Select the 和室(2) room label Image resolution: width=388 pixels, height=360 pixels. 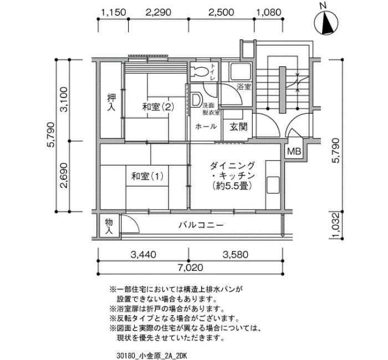(158, 107)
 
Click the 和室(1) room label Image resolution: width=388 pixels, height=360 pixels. (147, 176)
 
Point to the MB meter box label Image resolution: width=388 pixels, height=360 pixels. (294, 151)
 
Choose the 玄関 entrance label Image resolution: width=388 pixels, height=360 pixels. (238, 127)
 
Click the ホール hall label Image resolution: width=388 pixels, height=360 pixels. (206, 127)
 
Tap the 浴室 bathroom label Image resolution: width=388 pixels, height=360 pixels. (244, 87)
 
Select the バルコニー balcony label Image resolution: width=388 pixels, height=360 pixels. (201, 225)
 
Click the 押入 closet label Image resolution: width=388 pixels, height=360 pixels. (111, 102)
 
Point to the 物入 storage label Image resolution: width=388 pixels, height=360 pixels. (109, 226)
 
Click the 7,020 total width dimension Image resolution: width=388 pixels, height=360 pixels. (191, 268)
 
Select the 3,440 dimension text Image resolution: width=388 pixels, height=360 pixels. (144, 254)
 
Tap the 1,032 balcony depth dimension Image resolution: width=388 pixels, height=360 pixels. (335, 225)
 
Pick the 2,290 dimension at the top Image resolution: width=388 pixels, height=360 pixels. (159, 12)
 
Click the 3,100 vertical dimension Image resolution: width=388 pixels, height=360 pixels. (64, 99)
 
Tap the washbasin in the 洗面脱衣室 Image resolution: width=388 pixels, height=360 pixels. (196, 100)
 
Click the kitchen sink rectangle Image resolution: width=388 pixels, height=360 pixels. (273, 185)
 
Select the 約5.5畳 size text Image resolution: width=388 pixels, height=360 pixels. (232, 186)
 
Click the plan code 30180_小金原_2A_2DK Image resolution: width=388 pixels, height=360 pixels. (152, 356)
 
